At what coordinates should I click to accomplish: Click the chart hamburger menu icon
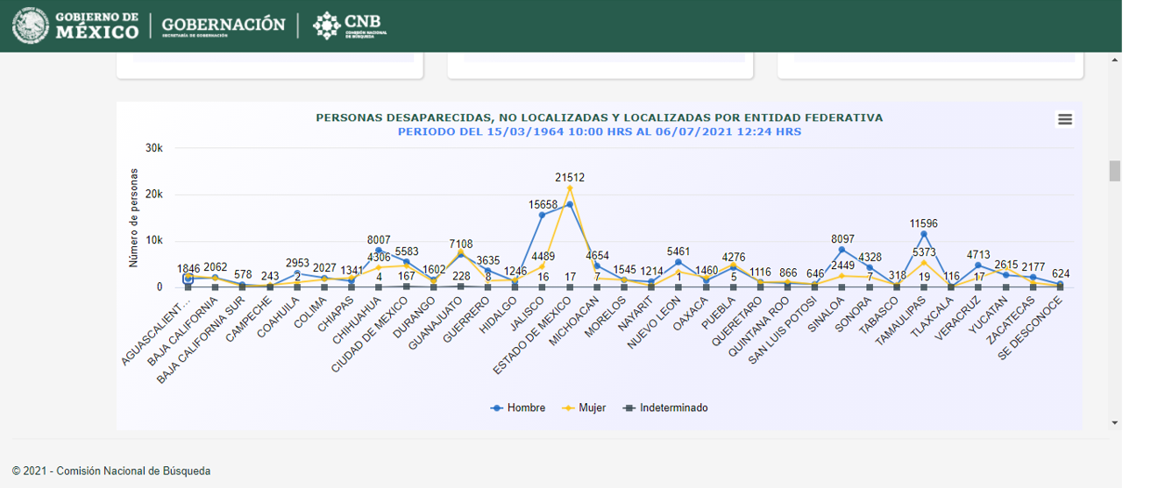pyautogui.click(x=1065, y=120)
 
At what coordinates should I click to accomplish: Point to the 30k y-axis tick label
pyautogui.click(x=154, y=148)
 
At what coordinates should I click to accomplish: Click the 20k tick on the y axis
pyautogui.click(x=154, y=194)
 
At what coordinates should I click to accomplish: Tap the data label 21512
pyautogui.click(x=570, y=177)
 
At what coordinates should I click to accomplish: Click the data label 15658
pyautogui.click(x=543, y=204)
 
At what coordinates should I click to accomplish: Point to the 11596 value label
pyautogui.click(x=924, y=223)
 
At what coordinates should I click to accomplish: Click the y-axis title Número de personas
pyautogui.click(x=134, y=217)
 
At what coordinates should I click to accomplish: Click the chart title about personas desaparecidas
pyautogui.click(x=599, y=117)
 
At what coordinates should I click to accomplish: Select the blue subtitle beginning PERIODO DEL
pyautogui.click(x=599, y=132)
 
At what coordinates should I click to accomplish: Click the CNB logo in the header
pyautogui.click(x=351, y=25)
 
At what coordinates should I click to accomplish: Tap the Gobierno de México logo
pyautogui.click(x=76, y=25)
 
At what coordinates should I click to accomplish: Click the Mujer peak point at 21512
pyautogui.click(x=570, y=188)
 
